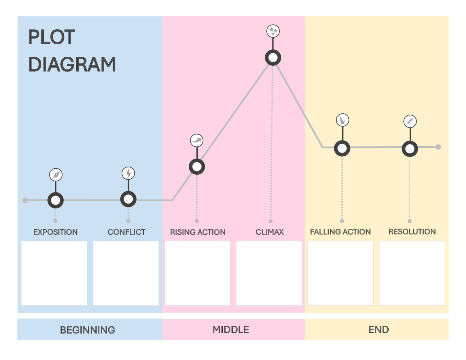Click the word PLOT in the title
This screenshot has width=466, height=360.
(51, 37)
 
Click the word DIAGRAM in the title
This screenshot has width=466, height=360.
(72, 64)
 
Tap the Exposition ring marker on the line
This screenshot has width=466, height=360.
(56, 200)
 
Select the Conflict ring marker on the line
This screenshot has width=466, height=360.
(128, 199)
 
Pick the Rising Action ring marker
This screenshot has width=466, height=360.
(197, 167)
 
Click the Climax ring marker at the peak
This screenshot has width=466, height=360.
(273, 58)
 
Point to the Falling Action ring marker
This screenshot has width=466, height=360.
(342, 149)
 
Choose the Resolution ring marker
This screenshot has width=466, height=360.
(410, 149)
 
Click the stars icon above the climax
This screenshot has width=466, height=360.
(273, 31)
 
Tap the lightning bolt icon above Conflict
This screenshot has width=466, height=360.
(128, 173)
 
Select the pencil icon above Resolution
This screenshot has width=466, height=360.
(410, 121)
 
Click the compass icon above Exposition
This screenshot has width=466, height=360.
(56, 175)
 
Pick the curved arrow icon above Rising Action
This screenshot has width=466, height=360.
(197, 141)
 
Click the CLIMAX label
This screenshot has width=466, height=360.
(270, 232)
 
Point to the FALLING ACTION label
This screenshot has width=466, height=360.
(340, 232)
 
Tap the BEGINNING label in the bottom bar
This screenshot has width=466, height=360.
(87, 330)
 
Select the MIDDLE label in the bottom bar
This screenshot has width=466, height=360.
(231, 330)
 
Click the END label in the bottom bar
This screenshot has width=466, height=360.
(379, 330)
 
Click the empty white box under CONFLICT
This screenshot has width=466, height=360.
(126, 273)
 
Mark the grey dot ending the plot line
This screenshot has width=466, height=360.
(438, 147)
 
